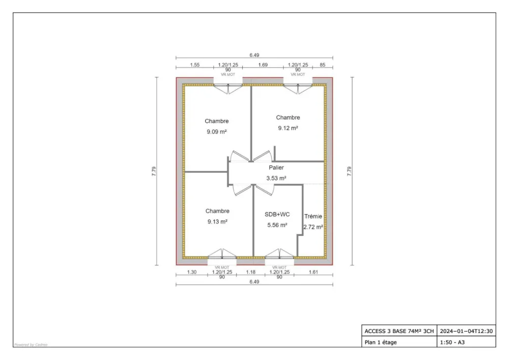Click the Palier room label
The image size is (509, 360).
click(276, 168)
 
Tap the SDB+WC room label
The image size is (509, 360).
click(277, 214)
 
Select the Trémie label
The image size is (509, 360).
click(313, 216)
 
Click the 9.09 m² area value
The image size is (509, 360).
click(216, 131)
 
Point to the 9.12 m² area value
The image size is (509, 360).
click(288, 128)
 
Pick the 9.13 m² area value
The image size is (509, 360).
click(217, 221)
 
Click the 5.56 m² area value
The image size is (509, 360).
click(277, 225)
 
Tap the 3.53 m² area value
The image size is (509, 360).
click(276, 178)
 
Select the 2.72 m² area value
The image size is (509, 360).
click(313, 227)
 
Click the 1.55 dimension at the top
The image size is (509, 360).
click(194, 65)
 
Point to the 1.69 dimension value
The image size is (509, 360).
click(263, 65)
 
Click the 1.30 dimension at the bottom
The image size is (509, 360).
click(191, 272)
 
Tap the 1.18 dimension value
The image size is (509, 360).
click(250, 272)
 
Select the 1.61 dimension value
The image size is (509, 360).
click(313, 272)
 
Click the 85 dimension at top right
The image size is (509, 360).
click(322, 65)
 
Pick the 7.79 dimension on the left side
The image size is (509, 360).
click(154, 172)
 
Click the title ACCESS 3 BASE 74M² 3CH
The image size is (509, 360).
click(399, 331)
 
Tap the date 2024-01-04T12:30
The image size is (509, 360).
click(466, 331)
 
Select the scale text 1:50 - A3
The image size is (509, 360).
click(452, 342)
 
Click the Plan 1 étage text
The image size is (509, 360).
click(381, 342)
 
